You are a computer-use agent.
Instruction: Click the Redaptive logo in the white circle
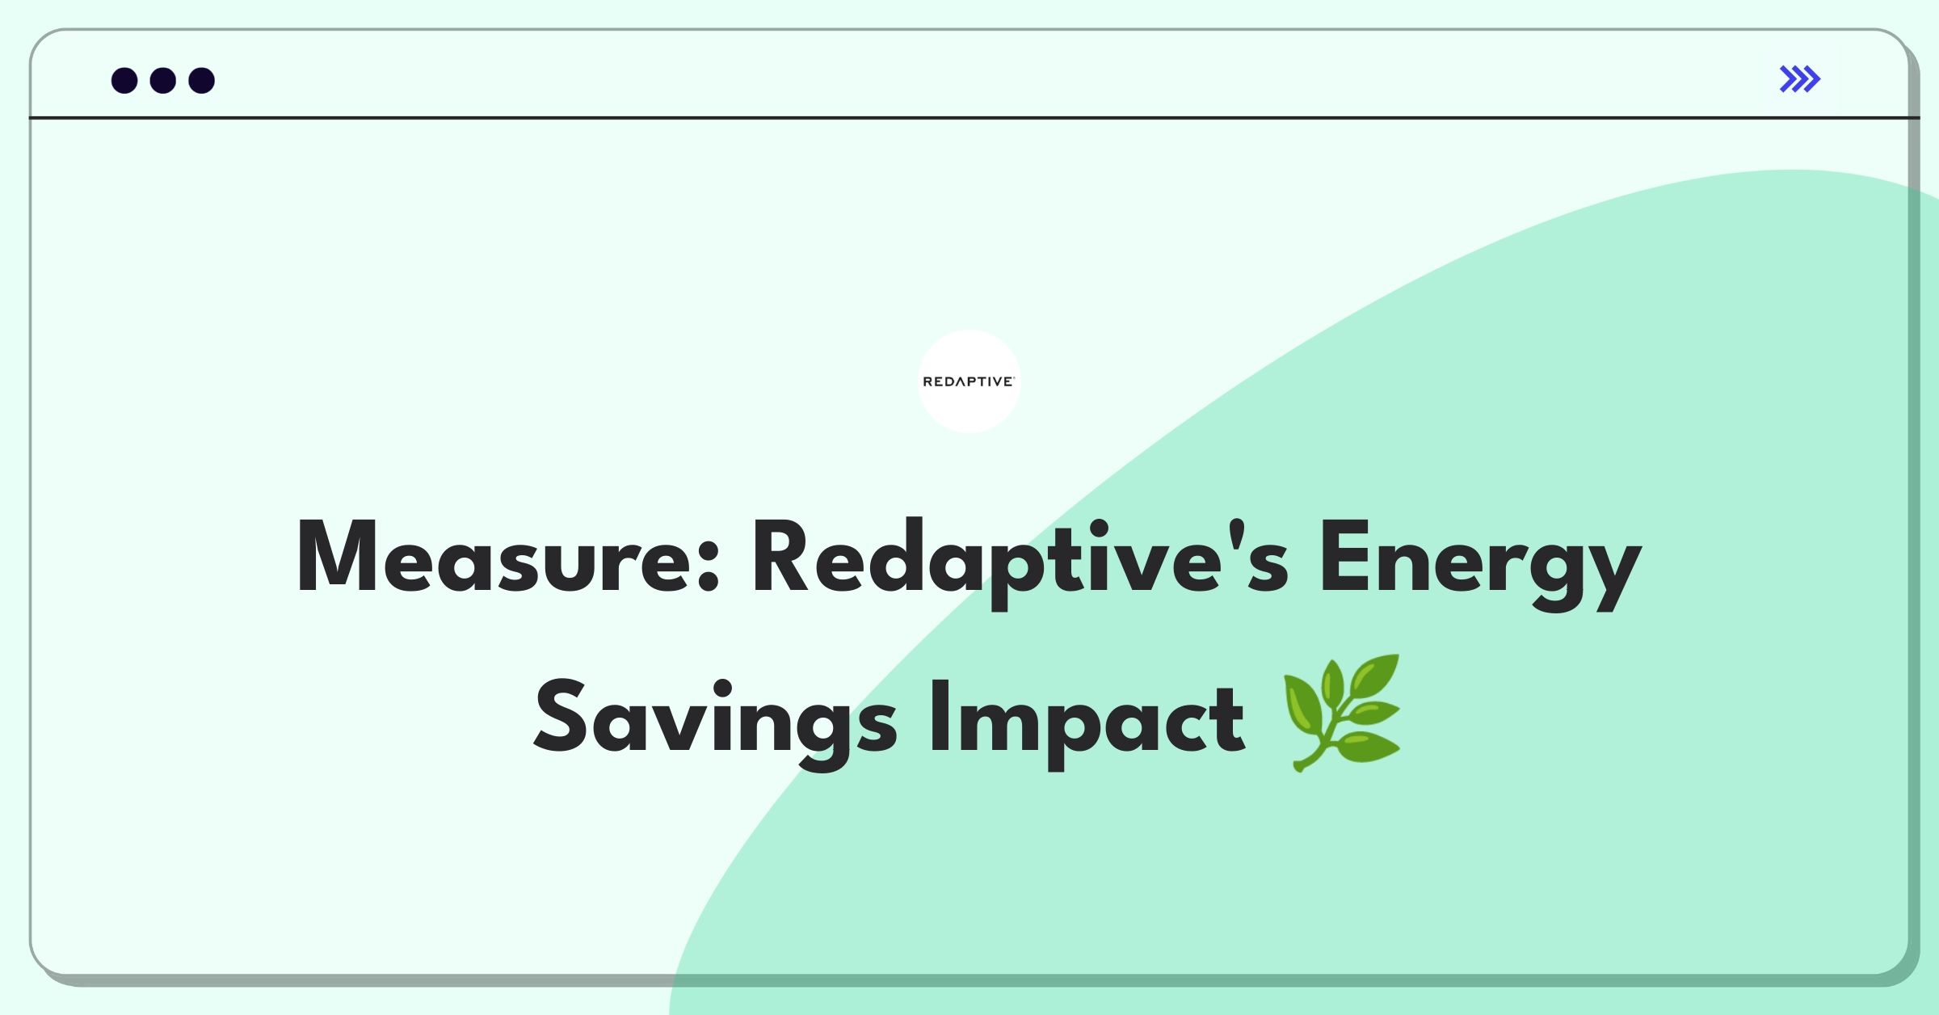click(969, 381)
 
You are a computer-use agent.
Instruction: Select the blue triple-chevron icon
click(1799, 79)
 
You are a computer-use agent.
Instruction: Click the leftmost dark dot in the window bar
click(124, 81)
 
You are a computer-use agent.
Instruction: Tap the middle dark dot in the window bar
click(163, 81)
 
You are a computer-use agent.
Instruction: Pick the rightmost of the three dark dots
click(202, 81)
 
